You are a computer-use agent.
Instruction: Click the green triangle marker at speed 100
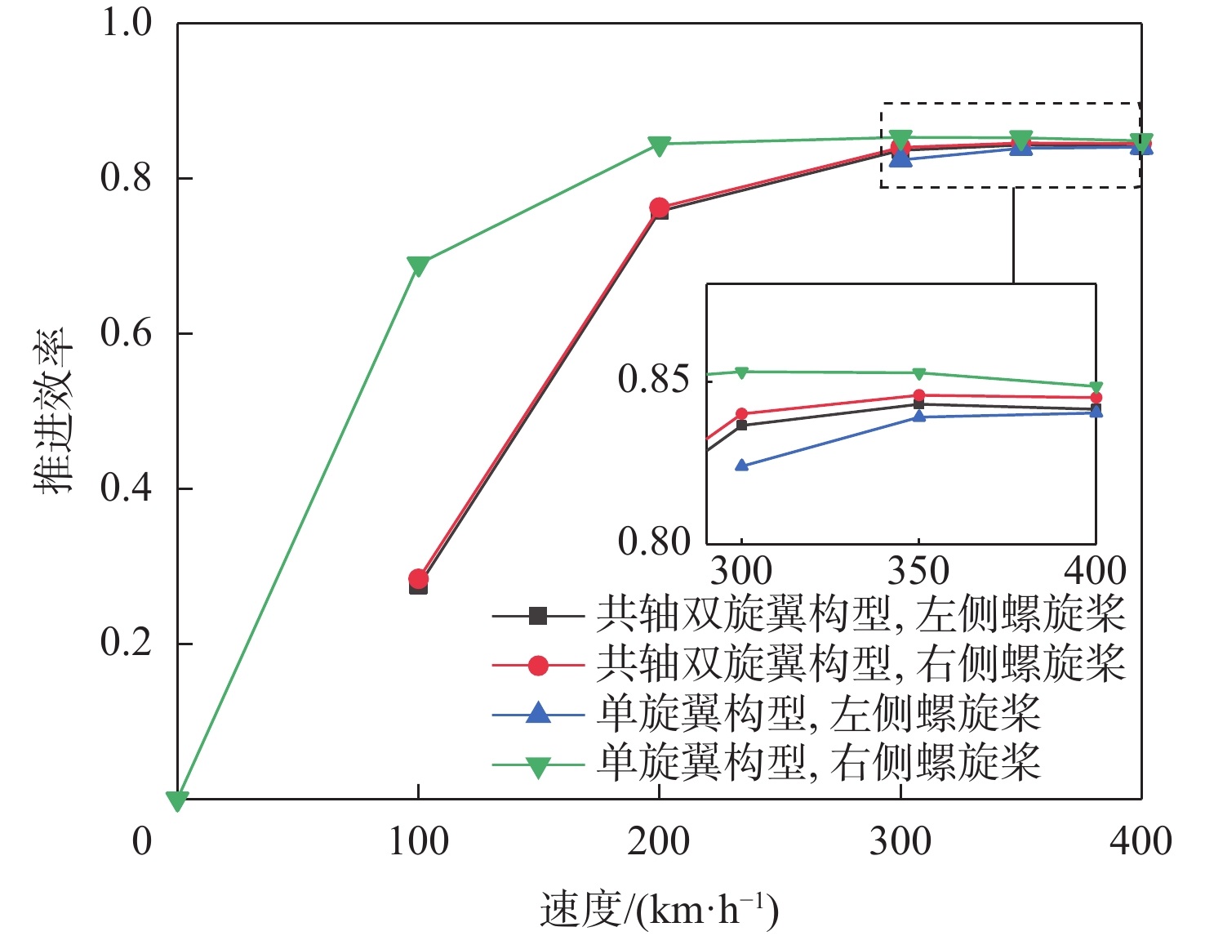(418, 265)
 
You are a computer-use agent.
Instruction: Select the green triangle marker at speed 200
(659, 145)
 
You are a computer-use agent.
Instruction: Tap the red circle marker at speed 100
(419, 579)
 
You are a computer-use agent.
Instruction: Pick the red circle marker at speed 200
(659, 207)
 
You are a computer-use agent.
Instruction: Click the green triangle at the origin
(177, 800)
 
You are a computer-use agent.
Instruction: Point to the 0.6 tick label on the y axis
(126, 334)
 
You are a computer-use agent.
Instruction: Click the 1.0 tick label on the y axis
(126, 23)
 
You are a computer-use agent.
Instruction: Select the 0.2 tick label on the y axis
(126, 644)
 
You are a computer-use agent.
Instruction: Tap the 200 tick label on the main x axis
(659, 841)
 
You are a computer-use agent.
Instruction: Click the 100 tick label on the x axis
(418, 841)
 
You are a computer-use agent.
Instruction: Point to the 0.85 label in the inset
(654, 380)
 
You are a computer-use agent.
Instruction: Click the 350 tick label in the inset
(918, 571)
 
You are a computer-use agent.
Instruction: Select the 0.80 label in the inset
(654, 541)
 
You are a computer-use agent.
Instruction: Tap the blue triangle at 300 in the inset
(741, 466)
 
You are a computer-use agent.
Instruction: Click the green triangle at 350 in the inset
(919, 374)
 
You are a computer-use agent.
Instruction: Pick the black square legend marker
(537, 616)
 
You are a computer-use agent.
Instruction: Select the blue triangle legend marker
(537, 714)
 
